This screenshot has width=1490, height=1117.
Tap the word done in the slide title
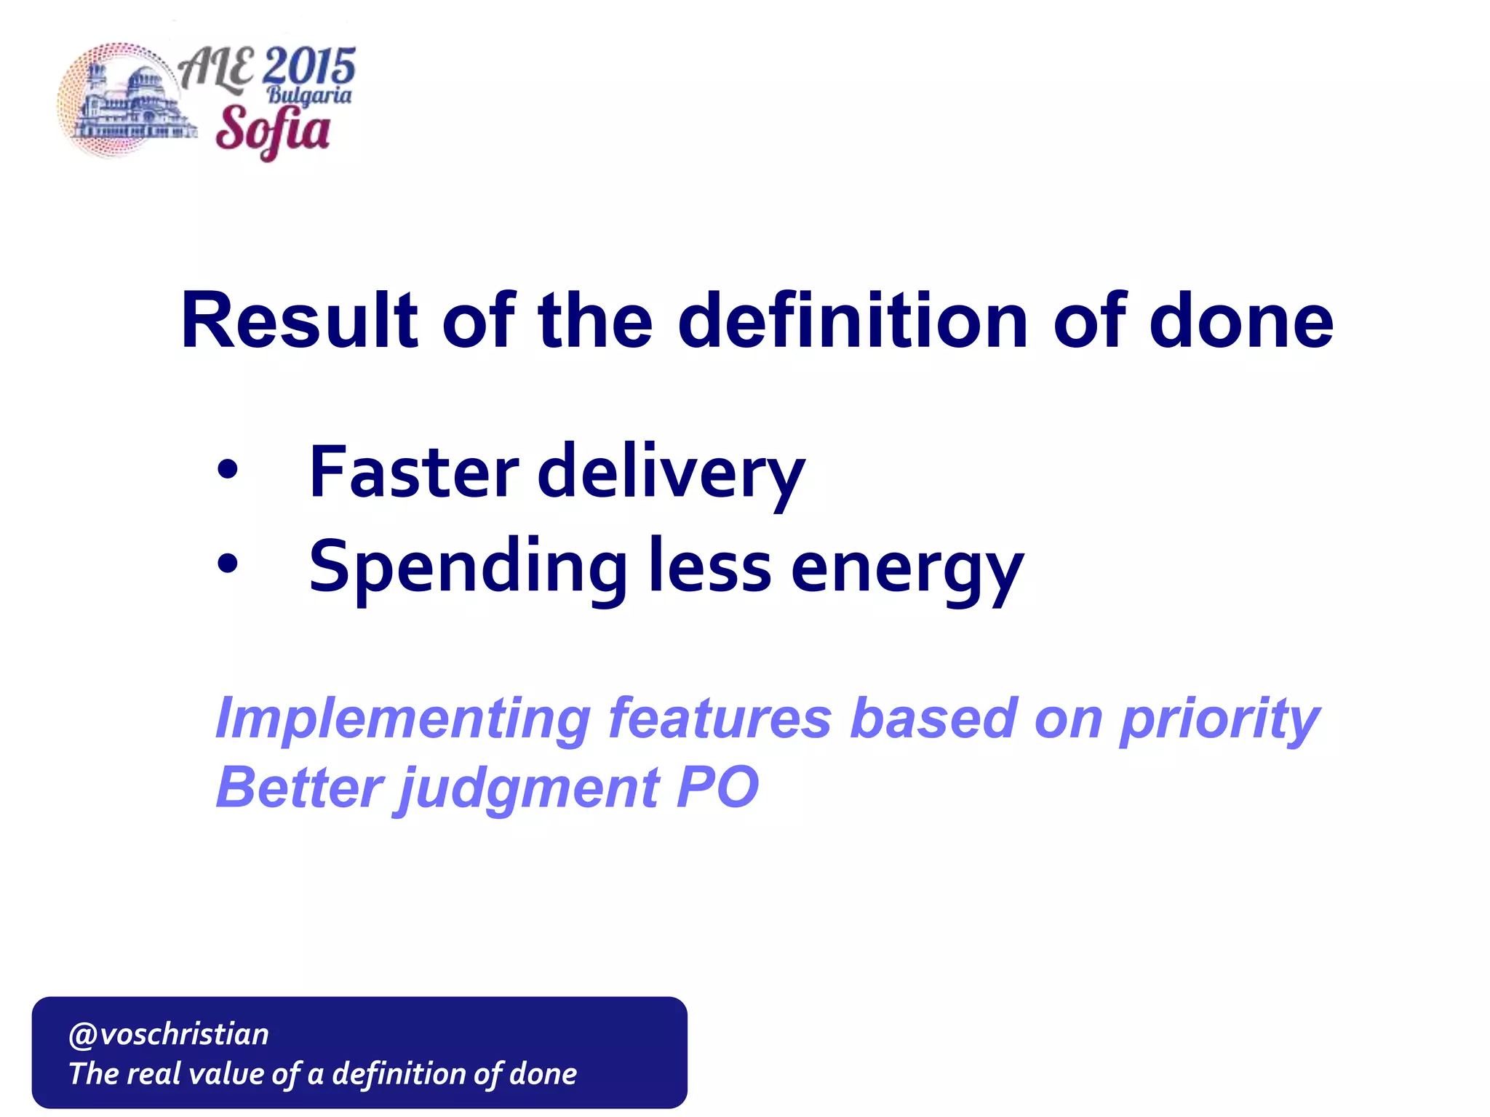click(1241, 321)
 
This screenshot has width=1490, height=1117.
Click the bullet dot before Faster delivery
click(228, 471)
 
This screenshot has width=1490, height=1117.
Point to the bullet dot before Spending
click(228, 564)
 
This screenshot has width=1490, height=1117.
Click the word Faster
click(413, 473)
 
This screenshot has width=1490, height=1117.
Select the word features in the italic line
click(720, 718)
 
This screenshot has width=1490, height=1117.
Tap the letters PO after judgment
click(717, 788)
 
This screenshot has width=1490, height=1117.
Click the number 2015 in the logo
click(309, 67)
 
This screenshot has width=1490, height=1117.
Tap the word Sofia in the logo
click(273, 130)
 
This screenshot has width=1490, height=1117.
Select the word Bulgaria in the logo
click(308, 96)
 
